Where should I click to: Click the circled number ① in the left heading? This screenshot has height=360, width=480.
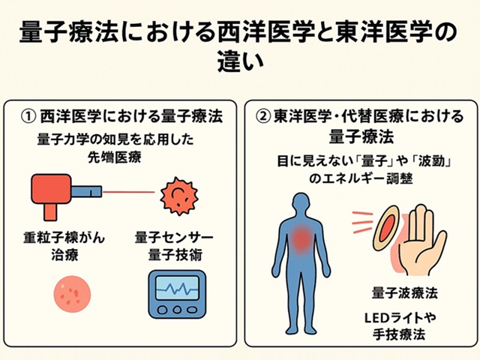coord(29,117)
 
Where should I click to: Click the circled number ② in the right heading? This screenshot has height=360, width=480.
coord(262,117)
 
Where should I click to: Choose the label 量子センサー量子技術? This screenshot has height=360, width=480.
coord(174,245)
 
